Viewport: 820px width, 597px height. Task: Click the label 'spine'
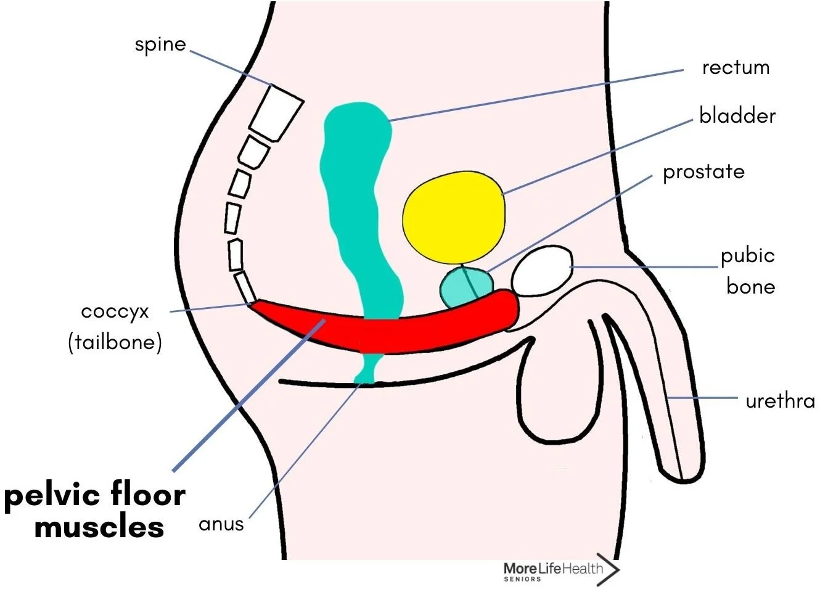pyautogui.click(x=160, y=45)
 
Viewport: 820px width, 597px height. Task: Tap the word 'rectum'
pyautogui.click(x=736, y=67)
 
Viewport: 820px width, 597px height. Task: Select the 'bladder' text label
pyautogui.click(x=737, y=116)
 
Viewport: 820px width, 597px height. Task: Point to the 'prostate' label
pyautogui.click(x=703, y=172)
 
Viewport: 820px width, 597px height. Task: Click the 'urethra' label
pyautogui.click(x=780, y=401)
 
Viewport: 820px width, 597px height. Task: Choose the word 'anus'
pyautogui.click(x=221, y=524)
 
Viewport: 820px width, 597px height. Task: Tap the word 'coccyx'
pyautogui.click(x=115, y=312)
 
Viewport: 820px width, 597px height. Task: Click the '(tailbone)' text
pyautogui.click(x=115, y=342)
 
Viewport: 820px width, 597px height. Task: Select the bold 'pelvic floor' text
pyautogui.click(x=95, y=495)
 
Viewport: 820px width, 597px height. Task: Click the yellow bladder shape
pyautogui.click(x=453, y=216)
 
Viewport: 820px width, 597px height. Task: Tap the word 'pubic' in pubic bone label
pyautogui.click(x=747, y=256)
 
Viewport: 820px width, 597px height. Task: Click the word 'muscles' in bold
pyautogui.click(x=99, y=527)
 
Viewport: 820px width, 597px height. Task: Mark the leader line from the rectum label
pyautogui.click(x=536, y=95)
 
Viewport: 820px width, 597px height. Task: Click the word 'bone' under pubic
pyautogui.click(x=750, y=287)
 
